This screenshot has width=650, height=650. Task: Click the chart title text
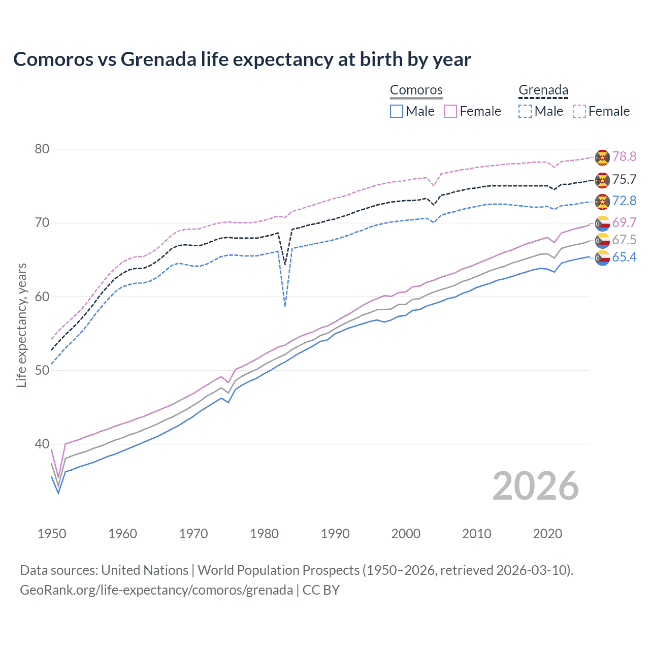(242, 59)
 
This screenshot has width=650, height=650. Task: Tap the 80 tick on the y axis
(42, 149)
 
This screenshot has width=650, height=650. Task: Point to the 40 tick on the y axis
(42, 444)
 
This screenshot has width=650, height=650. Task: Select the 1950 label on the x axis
(52, 534)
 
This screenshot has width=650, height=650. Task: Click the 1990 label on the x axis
(335, 534)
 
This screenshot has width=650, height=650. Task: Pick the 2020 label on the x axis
(547, 534)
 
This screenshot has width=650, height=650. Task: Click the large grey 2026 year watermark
(536, 486)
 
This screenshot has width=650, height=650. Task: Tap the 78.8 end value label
(624, 157)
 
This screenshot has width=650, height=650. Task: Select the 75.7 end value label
(624, 180)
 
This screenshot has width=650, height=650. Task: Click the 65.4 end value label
(624, 257)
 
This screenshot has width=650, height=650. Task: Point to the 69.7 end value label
(624, 222)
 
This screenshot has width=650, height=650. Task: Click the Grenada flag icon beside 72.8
(602, 202)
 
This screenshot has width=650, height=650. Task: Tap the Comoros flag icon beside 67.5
(602, 240)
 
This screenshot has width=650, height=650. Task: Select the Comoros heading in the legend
(416, 90)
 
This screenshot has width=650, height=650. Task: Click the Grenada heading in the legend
(543, 90)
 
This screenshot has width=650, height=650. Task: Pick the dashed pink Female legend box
(579, 111)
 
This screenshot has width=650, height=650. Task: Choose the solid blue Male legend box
(397, 111)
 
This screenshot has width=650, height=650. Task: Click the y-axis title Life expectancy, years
(22, 325)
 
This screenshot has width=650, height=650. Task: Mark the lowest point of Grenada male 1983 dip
(285, 306)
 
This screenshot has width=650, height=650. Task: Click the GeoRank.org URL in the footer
(156, 590)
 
